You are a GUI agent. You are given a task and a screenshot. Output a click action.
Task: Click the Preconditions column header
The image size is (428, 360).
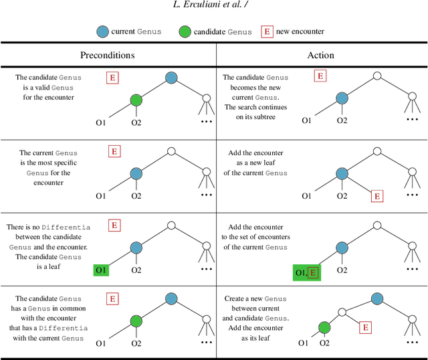point(108,56)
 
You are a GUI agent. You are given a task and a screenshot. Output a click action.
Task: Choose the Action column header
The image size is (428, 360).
point(321,56)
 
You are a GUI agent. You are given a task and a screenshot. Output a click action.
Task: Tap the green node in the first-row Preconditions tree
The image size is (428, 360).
point(136,100)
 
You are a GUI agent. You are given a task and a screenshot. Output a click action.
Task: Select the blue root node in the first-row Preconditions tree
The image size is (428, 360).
point(171,78)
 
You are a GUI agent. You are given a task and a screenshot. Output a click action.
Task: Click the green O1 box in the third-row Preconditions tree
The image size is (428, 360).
point(101,270)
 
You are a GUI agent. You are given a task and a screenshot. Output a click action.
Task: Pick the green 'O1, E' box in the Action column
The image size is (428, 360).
point(307,272)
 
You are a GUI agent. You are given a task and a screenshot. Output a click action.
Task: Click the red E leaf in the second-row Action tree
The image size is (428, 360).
point(377,196)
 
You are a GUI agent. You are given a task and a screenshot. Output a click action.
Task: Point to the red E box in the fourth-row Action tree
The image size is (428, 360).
point(365,327)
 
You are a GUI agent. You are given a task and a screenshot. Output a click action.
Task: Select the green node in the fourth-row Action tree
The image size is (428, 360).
point(324,327)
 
